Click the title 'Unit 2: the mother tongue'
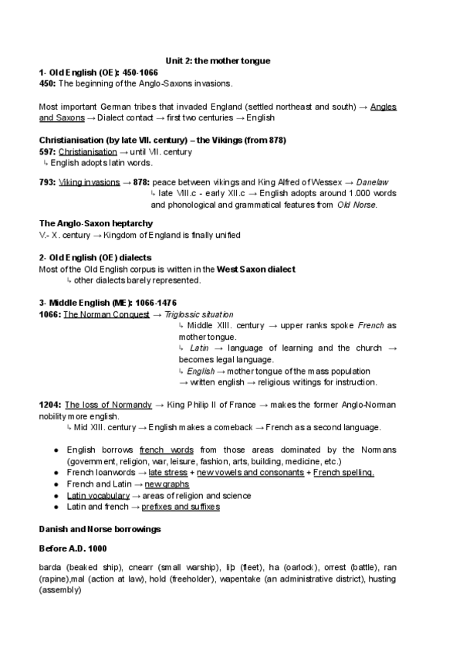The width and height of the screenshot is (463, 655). coord(218,60)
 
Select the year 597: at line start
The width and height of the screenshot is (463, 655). coord(47,152)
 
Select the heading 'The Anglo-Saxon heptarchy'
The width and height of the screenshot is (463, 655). coord(90,223)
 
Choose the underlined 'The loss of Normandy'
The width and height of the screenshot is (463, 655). coord(108,405)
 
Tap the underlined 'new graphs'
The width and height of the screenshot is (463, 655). coord(167,484)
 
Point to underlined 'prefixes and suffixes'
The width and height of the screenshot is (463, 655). coord(181,507)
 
